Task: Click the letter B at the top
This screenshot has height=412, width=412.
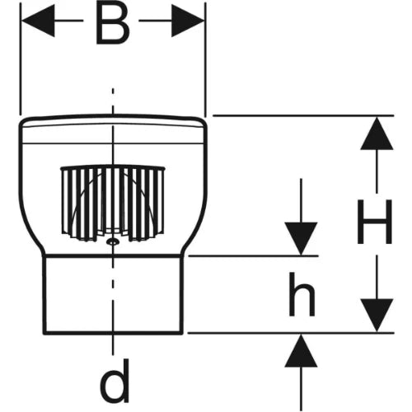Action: (x=113, y=25)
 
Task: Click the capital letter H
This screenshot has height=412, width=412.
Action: (x=374, y=222)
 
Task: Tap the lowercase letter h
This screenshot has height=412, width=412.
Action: (x=302, y=294)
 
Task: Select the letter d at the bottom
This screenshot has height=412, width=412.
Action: (x=115, y=381)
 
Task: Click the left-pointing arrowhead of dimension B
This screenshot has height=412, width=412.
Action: (x=38, y=21)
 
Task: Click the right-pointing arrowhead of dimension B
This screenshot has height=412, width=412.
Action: (x=188, y=21)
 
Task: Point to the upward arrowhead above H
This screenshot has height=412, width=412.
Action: (x=377, y=133)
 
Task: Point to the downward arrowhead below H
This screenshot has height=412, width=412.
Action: (x=377, y=316)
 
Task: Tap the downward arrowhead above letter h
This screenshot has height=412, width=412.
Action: (x=301, y=238)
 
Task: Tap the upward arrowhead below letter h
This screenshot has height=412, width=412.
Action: (x=301, y=350)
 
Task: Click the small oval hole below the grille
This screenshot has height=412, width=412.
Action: (x=112, y=241)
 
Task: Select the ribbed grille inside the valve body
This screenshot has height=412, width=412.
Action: (x=113, y=204)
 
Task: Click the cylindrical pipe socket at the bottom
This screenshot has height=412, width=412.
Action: (x=113, y=295)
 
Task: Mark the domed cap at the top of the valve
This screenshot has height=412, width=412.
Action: (x=113, y=129)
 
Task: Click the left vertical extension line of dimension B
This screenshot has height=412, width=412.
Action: (x=21, y=59)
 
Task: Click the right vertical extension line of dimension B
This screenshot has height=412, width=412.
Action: (x=205, y=59)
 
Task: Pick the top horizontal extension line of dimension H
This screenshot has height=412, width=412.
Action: (x=303, y=115)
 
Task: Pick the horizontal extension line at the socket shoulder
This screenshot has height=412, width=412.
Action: (x=253, y=256)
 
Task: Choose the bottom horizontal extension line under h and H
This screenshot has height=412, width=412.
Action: (x=291, y=333)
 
